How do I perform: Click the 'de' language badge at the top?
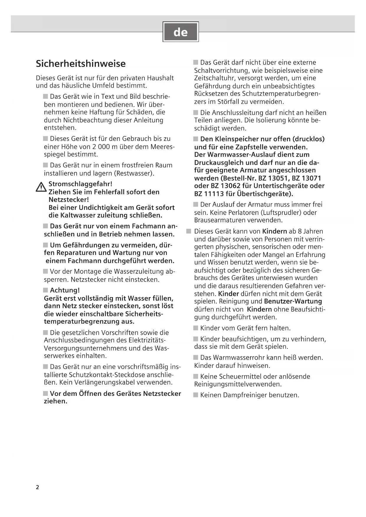[180, 32]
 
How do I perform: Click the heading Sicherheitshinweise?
[81, 64]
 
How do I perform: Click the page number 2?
[37, 487]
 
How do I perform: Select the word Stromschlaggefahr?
[80, 184]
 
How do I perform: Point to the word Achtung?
[65, 290]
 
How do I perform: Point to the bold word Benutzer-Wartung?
[293, 301]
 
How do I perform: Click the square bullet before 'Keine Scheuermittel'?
[196, 376]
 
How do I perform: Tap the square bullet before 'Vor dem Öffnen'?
[45, 393]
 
